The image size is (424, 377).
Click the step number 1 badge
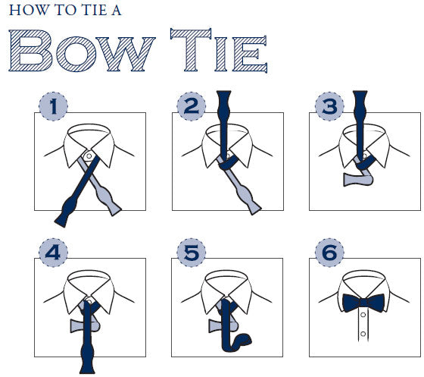pyautogui.click(x=53, y=106)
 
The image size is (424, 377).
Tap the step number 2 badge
pyautogui.click(x=191, y=106)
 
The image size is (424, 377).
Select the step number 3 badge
pyautogui.click(x=329, y=106)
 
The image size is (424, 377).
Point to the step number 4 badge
pyautogui.click(x=53, y=253)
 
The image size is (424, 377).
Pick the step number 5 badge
pyautogui.click(x=191, y=253)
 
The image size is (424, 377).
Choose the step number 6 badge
pyautogui.click(x=329, y=253)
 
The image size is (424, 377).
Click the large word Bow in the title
pyautogui.click(x=82, y=51)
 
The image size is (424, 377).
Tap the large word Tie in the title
pyautogui.click(x=219, y=50)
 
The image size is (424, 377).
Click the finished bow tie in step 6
pyautogui.click(x=363, y=303)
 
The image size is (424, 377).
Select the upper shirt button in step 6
pyautogui.click(x=363, y=315)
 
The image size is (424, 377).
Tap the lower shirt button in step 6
pyautogui.click(x=363, y=334)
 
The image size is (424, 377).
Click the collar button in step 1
pyautogui.click(x=89, y=156)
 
